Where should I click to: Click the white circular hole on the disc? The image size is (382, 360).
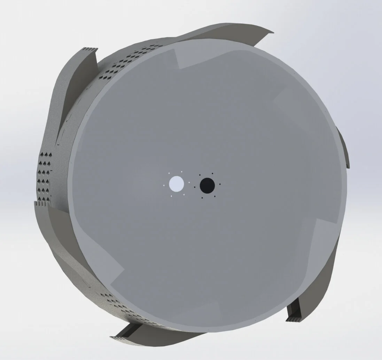click(x=176, y=183)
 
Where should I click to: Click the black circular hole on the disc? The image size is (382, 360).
click(x=207, y=185)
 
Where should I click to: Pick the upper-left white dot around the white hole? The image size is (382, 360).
click(x=169, y=173)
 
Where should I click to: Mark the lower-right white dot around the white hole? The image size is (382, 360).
click(x=184, y=195)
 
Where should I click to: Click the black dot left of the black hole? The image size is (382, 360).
click(x=194, y=187)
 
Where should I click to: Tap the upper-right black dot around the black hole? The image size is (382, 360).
click(x=212, y=173)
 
